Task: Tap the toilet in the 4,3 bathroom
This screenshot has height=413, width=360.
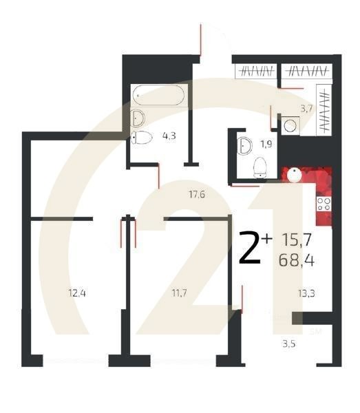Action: pyautogui.click(x=142, y=137)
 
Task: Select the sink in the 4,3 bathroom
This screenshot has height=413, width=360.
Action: pyautogui.click(x=137, y=117)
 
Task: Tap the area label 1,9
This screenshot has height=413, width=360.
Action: pyautogui.click(x=266, y=144)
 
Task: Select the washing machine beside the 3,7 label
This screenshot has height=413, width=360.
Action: pyautogui.click(x=290, y=125)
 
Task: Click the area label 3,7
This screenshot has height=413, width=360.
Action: pyautogui.click(x=307, y=109)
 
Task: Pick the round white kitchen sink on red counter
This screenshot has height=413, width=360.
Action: pyautogui.click(x=293, y=174)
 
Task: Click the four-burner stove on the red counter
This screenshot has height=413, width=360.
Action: pyautogui.click(x=323, y=204)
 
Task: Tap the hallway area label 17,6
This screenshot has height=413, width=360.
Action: pyautogui.click(x=197, y=194)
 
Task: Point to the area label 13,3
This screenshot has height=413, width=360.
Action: pyautogui.click(x=307, y=294)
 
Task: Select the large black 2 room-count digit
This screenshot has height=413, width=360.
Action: pyautogui.click(x=250, y=248)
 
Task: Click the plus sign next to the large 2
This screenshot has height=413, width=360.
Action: pyautogui.click(x=267, y=237)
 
